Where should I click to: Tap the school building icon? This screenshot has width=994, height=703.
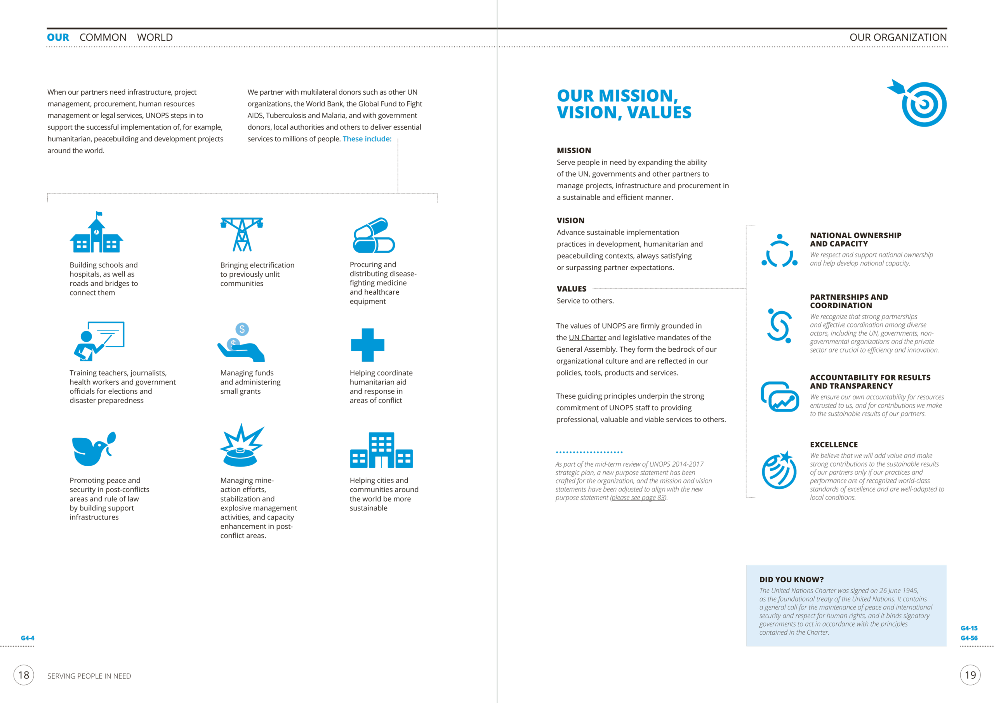point(97,234)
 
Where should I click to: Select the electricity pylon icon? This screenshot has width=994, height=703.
point(242,234)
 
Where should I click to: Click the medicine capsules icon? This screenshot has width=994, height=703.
point(374,236)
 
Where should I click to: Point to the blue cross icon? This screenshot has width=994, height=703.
point(368,345)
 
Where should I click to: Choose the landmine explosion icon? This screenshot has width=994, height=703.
point(241,446)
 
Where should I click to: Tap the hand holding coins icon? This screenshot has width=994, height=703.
point(241,343)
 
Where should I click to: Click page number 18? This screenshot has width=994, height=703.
point(24,675)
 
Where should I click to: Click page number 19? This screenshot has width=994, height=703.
point(970,675)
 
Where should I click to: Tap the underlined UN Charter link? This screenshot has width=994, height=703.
point(587,338)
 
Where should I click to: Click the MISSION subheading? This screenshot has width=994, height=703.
point(573,151)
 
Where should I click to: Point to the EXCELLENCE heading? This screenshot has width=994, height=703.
point(833,444)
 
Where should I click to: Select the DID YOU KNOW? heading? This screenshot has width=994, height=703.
point(791,579)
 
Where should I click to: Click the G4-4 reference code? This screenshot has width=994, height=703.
point(27,638)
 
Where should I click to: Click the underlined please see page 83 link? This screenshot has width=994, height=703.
point(638,498)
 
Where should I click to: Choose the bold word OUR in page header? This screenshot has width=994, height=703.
point(58,38)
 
